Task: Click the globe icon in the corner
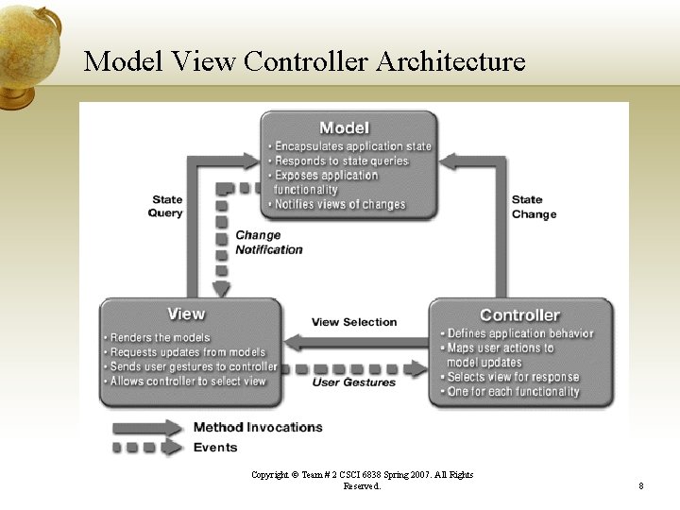(29, 53)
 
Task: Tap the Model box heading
(344, 127)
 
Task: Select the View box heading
(186, 314)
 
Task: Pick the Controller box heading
(519, 315)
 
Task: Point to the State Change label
(534, 207)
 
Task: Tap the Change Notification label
(268, 243)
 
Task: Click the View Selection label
(354, 322)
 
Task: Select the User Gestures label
(354, 382)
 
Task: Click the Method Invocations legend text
(258, 427)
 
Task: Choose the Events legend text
(215, 448)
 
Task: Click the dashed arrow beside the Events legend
(147, 448)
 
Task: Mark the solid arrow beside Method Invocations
(147, 427)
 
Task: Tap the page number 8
(640, 486)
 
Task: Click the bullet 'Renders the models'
(160, 337)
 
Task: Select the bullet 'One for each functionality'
(513, 392)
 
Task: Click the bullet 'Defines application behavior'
(519, 333)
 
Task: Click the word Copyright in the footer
(271, 475)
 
